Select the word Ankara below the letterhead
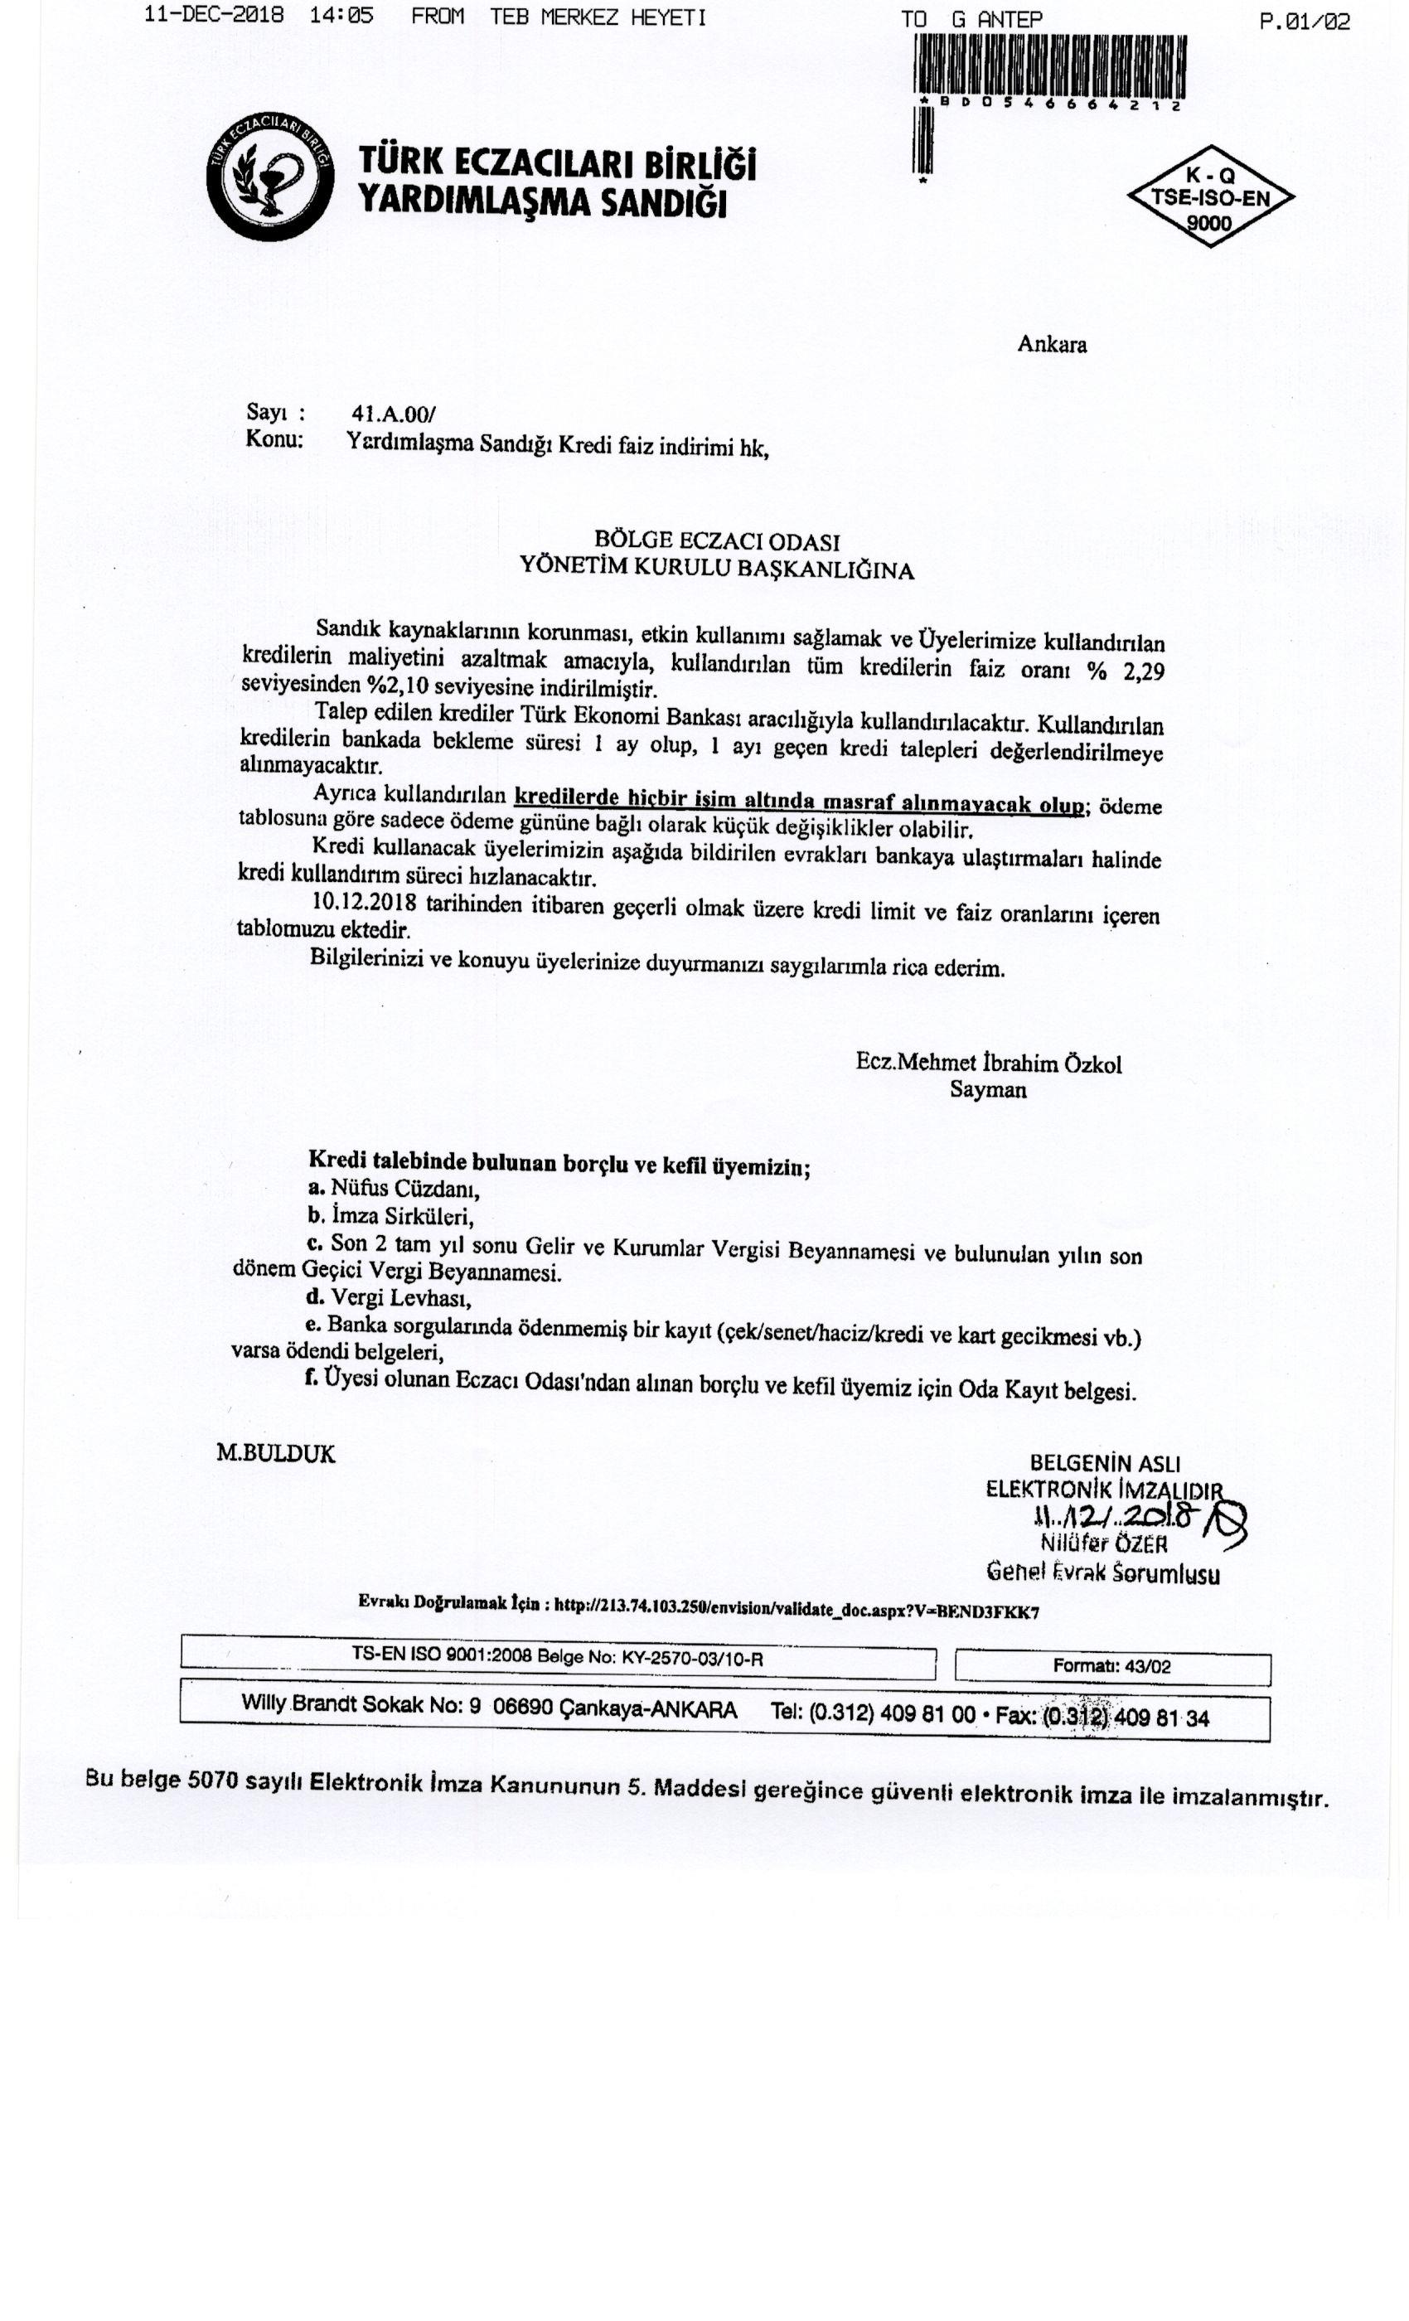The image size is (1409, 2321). point(1051,345)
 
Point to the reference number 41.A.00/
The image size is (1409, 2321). point(393,414)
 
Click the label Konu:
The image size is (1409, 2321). point(274,439)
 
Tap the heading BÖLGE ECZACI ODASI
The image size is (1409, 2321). point(716,540)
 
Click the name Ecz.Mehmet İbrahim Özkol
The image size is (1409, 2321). point(988,1063)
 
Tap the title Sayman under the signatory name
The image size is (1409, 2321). point(987,1090)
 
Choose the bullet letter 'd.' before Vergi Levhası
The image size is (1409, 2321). point(316,1298)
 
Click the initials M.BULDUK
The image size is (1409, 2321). point(275,1452)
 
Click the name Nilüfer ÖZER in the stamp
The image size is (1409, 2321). point(1104,1543)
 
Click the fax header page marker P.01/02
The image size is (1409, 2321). point(1304,21)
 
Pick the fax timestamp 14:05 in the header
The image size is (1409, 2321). point(347,16)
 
